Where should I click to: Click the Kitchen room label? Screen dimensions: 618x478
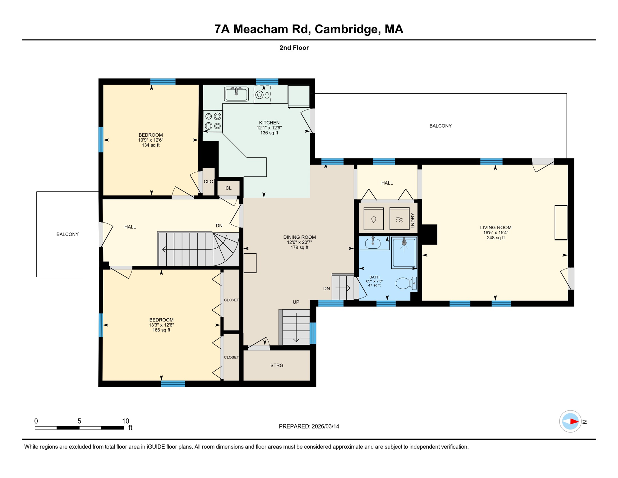(269, 123)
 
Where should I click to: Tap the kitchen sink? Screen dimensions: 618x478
(236, 94)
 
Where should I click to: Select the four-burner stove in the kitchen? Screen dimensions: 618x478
(213, 121)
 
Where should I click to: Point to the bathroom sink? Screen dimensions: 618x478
(373, 243)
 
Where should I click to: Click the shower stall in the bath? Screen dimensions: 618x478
(404, 253)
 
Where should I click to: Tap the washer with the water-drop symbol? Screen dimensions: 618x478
(374, 219)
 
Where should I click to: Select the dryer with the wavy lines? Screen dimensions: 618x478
(399, 219)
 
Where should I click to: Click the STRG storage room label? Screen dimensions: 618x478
(277, 365)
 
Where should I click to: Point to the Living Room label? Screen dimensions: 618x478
(496, 227)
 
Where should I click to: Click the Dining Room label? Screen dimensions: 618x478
(299, 237)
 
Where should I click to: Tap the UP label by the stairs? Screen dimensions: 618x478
(296, 302)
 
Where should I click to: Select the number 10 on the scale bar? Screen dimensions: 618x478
(126, 421)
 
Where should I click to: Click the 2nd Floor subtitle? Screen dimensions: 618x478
(294, 48)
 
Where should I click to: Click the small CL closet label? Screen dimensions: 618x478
(228, 188)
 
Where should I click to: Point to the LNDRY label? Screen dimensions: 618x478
(413, 221)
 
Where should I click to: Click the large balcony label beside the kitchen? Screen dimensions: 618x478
(440, 126)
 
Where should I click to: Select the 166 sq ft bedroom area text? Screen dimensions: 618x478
(161, 330)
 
